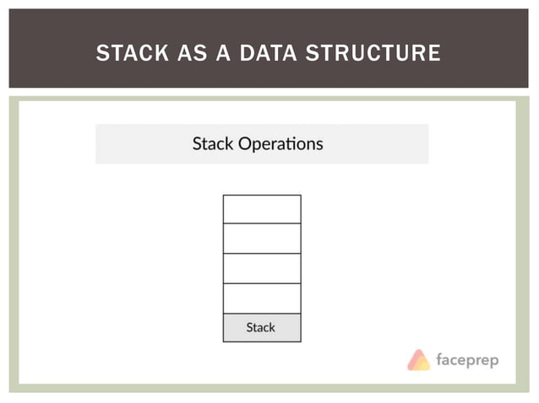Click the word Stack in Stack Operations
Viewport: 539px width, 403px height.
point(213,143)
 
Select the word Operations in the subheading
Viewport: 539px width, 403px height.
point(280,144)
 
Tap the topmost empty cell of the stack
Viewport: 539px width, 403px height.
point(262,209)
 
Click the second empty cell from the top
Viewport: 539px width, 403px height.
point(262,239)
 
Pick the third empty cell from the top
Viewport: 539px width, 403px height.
point(262,268)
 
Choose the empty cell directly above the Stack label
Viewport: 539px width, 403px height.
point(262,298)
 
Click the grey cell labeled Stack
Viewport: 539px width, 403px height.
point(262,327)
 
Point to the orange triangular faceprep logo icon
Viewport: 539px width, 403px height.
point(419,360)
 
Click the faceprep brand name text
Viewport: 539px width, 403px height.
point(467,361)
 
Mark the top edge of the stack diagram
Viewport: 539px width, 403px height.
point(262,195)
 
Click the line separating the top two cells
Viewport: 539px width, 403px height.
point(262,223)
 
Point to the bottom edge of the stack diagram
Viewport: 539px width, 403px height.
point(262,341)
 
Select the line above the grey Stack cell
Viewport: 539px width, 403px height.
point(262,314)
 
